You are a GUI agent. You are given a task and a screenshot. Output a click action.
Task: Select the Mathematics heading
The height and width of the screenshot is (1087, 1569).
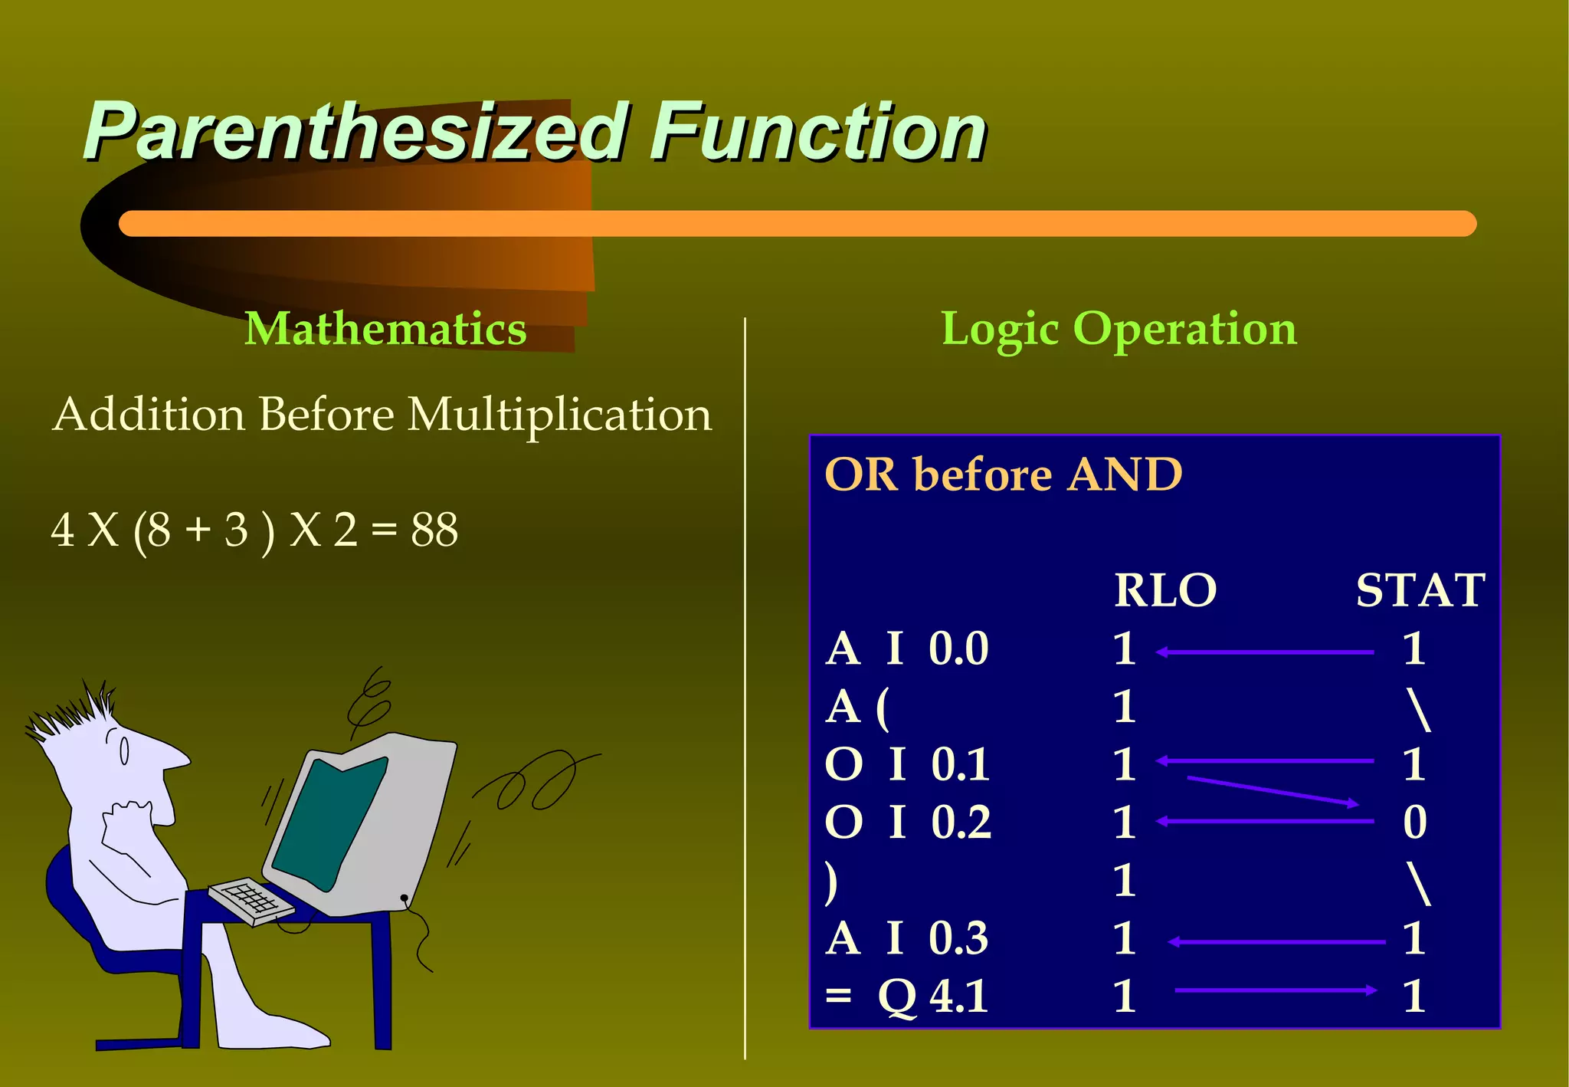385,329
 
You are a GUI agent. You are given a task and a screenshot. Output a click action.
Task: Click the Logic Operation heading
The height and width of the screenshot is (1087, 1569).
1119,329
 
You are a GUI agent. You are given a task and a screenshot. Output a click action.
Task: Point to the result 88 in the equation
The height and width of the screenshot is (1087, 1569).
434,530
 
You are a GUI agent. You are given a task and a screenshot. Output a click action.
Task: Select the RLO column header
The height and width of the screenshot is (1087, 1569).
1164,590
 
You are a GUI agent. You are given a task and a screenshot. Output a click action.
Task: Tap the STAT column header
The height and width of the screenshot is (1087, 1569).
1420,590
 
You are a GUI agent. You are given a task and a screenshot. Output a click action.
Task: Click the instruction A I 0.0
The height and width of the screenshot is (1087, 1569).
907,649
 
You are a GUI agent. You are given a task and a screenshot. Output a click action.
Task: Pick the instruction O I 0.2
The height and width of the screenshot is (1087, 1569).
908,822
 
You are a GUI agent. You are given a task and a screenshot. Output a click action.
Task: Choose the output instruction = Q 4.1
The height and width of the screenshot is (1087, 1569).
907,996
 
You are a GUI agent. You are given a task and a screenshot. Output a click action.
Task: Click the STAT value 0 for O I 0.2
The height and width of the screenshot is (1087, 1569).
1414,822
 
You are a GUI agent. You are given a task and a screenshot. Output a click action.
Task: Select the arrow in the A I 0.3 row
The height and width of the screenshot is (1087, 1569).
1276,941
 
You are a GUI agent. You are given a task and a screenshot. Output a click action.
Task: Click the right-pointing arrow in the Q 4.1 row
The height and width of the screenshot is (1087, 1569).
1276,990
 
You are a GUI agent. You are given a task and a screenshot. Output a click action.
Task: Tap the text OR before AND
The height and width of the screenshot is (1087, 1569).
1003,474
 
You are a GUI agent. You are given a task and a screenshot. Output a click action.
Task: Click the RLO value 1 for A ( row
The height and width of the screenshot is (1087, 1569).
1124,706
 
